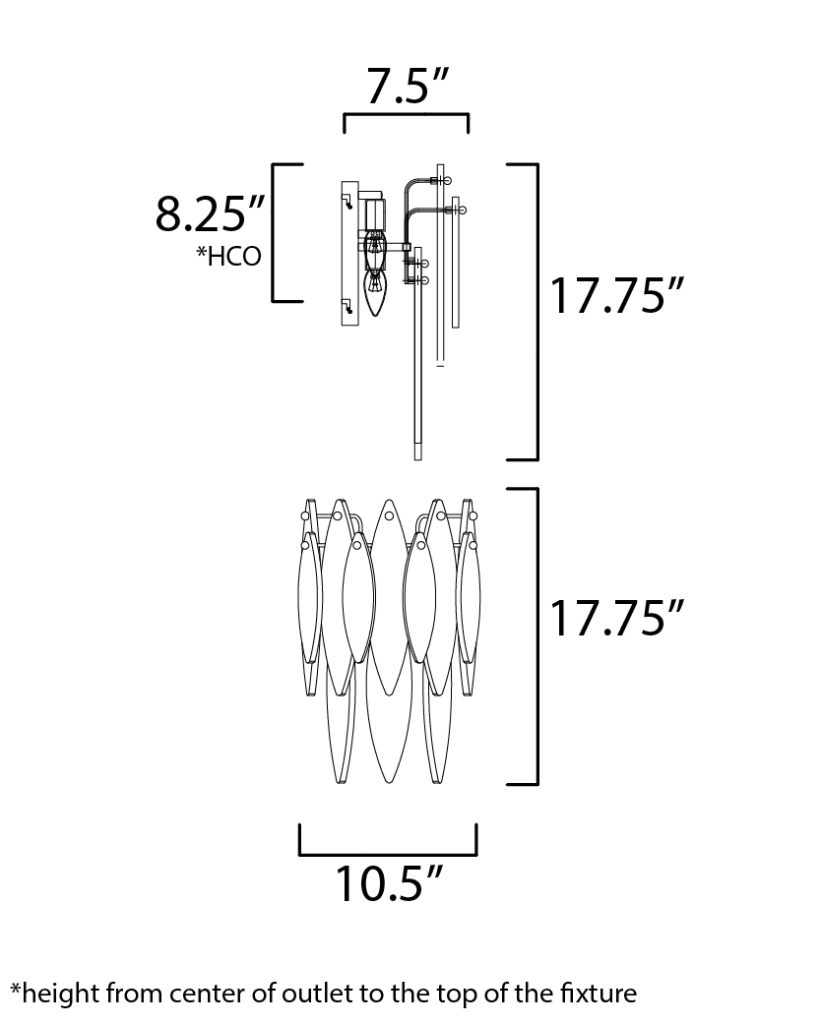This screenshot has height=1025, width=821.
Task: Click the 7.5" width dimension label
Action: (407, 86)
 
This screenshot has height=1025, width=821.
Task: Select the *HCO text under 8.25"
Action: (229, 256)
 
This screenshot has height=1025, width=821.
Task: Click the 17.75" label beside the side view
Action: (616, 295)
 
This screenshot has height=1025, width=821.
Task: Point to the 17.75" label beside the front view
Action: (616, 618)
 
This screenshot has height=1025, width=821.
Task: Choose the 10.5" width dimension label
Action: (390, 883)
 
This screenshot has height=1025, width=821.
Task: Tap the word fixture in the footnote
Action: (599, 994)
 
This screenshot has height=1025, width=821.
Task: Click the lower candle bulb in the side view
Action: (375, 292)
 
